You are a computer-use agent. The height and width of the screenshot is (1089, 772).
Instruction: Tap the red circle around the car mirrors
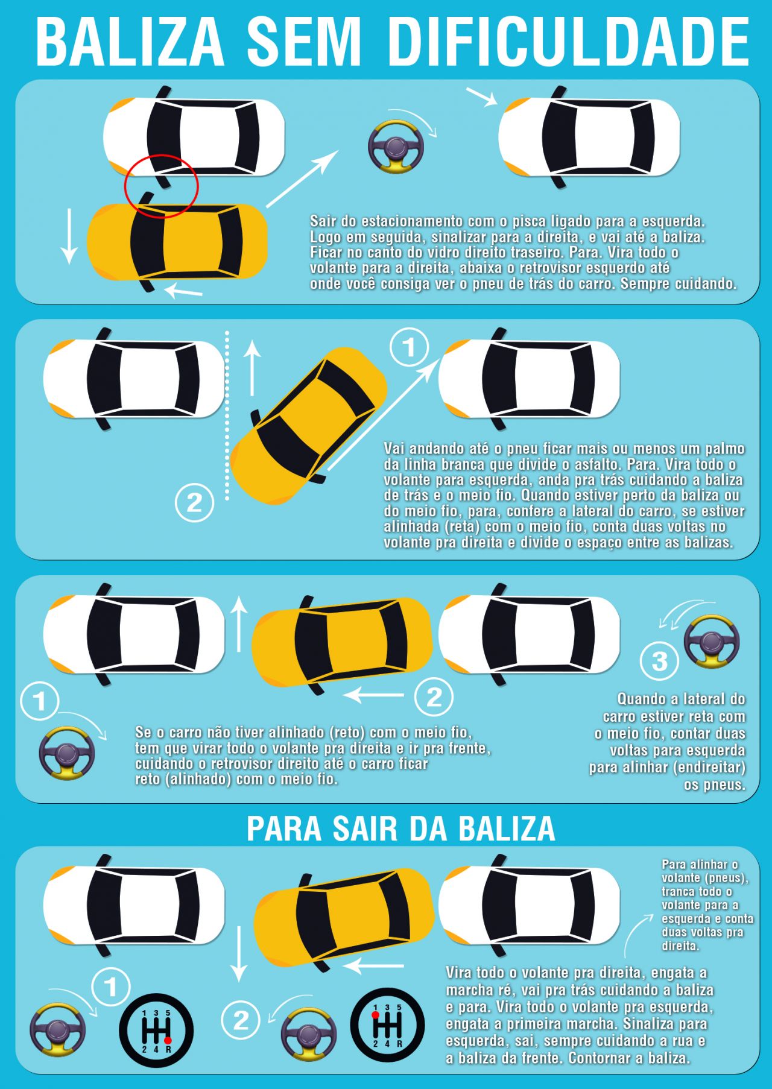pos(161,186)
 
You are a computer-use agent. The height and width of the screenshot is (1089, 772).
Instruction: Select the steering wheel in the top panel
pos(396,148)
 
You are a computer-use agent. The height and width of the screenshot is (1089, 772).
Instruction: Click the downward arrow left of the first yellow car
pos(69,236)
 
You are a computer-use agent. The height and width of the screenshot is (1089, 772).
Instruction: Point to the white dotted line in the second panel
pos(227,415)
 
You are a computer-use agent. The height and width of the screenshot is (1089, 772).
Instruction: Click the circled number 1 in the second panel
pos(410,347)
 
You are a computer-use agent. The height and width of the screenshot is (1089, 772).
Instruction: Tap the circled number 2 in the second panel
pos(194,502)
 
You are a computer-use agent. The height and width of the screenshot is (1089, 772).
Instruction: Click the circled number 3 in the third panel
pos(660,661)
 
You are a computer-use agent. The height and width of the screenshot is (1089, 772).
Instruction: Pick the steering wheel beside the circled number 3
pos(712,641)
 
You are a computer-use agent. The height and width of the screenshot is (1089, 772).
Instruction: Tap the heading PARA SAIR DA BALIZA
pos(400,829)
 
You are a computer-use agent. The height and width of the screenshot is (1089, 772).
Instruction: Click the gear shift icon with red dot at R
pos(156,1030)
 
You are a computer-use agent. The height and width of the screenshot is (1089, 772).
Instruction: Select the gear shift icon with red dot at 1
pos(388,1025)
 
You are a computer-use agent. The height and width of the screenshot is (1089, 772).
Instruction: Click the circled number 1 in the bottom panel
pos(111,987)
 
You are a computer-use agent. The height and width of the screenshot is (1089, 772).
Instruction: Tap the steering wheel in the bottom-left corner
pos(58,1029)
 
